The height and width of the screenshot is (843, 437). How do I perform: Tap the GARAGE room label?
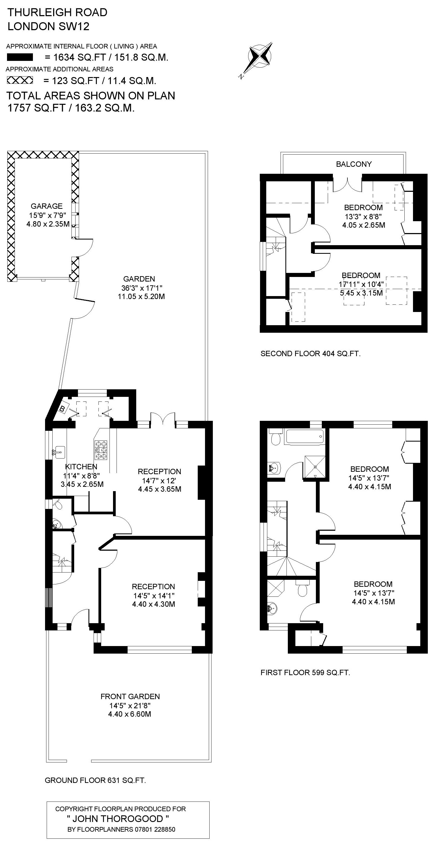coord(46,206)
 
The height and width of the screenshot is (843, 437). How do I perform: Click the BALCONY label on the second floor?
coord(354,164)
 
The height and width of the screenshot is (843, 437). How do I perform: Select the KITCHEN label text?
coord(81,467)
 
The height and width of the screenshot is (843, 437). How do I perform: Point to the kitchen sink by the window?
coord(59,453)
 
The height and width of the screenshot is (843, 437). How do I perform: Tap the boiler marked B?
coord(62,408)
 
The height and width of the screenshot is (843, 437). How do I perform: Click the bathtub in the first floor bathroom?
coord(305,437)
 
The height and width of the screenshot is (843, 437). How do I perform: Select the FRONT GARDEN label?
coord(130,696)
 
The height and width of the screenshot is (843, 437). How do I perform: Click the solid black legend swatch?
coord(20,57)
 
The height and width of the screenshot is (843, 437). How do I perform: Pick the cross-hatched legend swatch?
coord(20,80)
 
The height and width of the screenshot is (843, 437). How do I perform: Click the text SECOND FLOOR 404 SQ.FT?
coord(310,353)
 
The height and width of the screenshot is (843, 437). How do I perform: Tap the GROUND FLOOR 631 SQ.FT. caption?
coord(95,780)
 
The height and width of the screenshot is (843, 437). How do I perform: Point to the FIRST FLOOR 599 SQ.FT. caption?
coord(305,672)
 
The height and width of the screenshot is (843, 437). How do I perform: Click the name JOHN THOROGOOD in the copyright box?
coord(118,819)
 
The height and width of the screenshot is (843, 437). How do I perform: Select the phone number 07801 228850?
coord(155,829)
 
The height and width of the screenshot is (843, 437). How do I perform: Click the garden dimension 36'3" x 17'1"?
coord(142,288)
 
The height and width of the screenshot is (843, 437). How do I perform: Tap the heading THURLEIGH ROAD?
coord(57,12)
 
